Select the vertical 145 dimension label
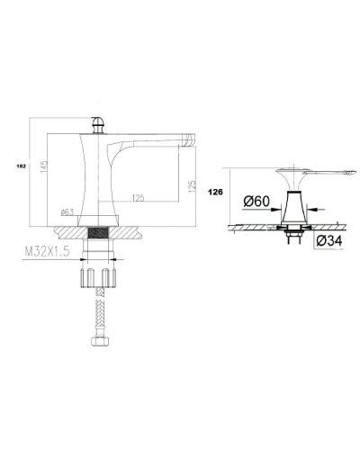pos(44,166)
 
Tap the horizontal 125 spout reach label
pos(138,198)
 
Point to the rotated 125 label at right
pos(192,186)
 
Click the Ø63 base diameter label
pos(67,212)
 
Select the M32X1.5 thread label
pos(47,251)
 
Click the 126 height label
pos(215,192)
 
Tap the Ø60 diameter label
pos(256,202)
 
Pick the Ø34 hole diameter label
pos(329,240)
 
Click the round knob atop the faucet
pos(98,124)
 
